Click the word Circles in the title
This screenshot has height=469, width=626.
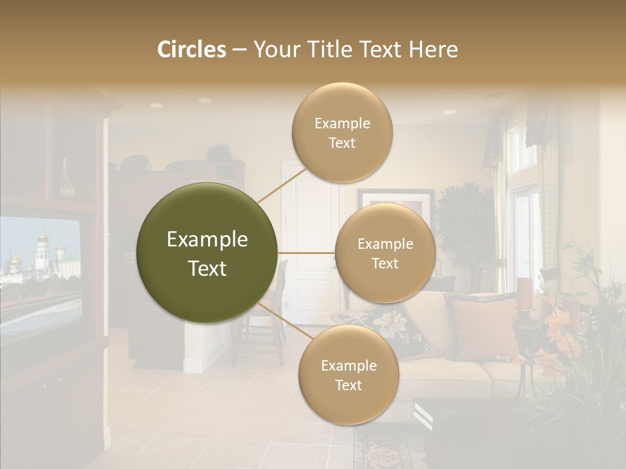coord(191,50)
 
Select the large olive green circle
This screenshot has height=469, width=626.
coord(207,253)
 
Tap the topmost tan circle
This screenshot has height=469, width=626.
coord(342,132)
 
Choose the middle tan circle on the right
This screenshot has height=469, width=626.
coord(385,253)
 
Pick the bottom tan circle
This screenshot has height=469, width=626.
coord(348,375)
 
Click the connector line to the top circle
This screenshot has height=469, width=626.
coord(281,185)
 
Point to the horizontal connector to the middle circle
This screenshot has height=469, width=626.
coord(306,253)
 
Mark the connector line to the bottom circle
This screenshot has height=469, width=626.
coord(284,321)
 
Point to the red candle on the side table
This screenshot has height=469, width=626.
coord(525,293)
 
